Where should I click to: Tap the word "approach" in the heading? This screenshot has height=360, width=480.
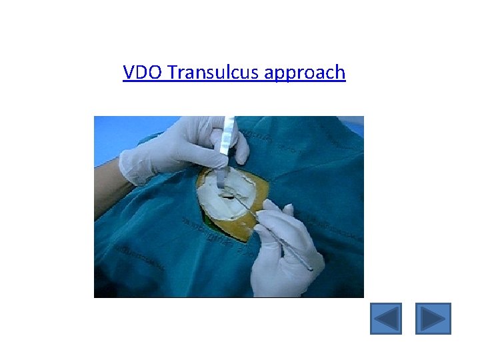click(x=305, y=72)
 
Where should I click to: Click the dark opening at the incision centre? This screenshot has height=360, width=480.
click(x=230, y=195)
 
